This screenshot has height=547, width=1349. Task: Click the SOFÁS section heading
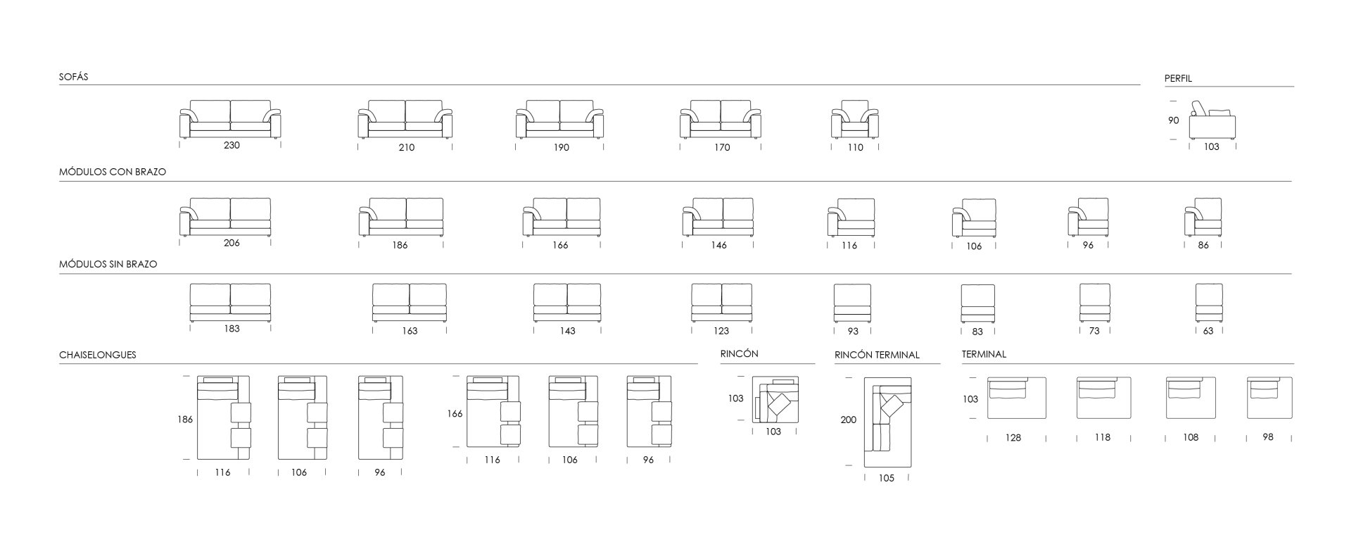point(74,77)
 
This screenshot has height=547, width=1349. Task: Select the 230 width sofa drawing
point(230,119)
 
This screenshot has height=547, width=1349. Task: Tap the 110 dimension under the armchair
point(855,147)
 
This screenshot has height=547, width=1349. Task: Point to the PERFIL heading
point(1178,79)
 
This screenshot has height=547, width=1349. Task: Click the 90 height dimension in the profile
point(1173,120)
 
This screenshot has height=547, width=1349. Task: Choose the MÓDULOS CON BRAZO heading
point(113,172)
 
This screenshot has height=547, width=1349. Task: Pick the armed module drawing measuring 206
point(225,217)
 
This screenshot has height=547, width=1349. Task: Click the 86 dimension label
point(1203,246)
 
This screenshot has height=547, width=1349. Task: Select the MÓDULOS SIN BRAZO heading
point(108,264)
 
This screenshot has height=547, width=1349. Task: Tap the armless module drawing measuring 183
point(230,303)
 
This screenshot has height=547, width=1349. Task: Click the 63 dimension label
point(1208,331)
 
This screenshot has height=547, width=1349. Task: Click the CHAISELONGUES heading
point(98,355)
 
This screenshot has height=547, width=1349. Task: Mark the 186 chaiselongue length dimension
point(185,420)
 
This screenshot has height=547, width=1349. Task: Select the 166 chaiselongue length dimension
point(455,414)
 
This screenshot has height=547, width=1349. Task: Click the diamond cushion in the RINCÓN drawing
point(779,405)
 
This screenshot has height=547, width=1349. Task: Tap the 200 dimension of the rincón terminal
point(849,420)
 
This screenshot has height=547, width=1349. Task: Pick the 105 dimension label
point(886,479)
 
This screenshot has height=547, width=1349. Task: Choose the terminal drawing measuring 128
point(1016,398)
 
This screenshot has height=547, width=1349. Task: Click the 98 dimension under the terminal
point(1268,437)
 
